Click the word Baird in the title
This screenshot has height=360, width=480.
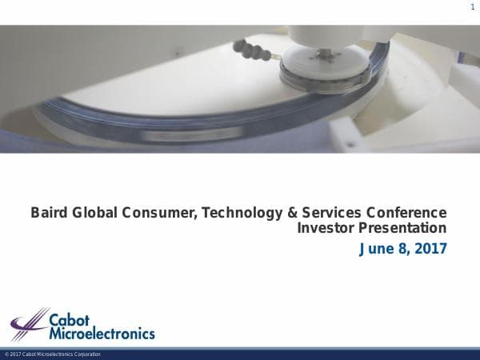click(x=49, y=213)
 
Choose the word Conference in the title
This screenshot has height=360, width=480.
click(x=406, y=213)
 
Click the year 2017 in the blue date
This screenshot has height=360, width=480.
click(x=429, y=249)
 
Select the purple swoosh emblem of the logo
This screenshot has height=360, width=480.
click(x=30, y=325)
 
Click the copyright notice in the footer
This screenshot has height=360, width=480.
click(x=53, y=354)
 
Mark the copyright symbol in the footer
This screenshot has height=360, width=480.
click(x=6, y=354)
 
